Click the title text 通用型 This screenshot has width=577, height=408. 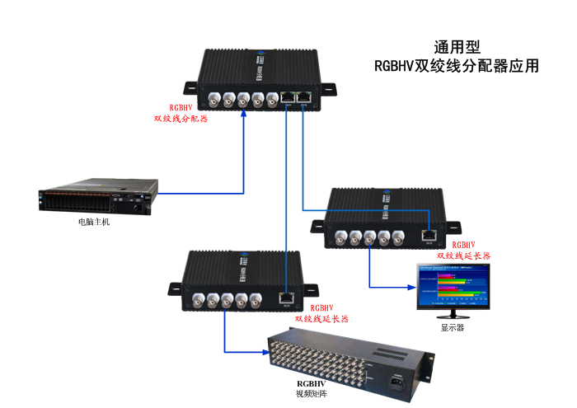[x=456, y=48]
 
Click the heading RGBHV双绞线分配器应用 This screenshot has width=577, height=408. [x=456, y=67]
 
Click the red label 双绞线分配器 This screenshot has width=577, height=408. [x=181, y=119]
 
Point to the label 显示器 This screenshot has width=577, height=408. [x=453, y=326]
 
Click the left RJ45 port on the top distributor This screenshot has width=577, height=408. [x=289, y=98]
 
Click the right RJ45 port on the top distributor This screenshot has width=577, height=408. [x=304, y=97]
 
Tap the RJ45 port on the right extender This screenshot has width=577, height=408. [x=429, y=233]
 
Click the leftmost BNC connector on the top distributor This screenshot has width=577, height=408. [x=213, y=101]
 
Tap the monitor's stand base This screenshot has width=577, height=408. [x=451, y=315]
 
